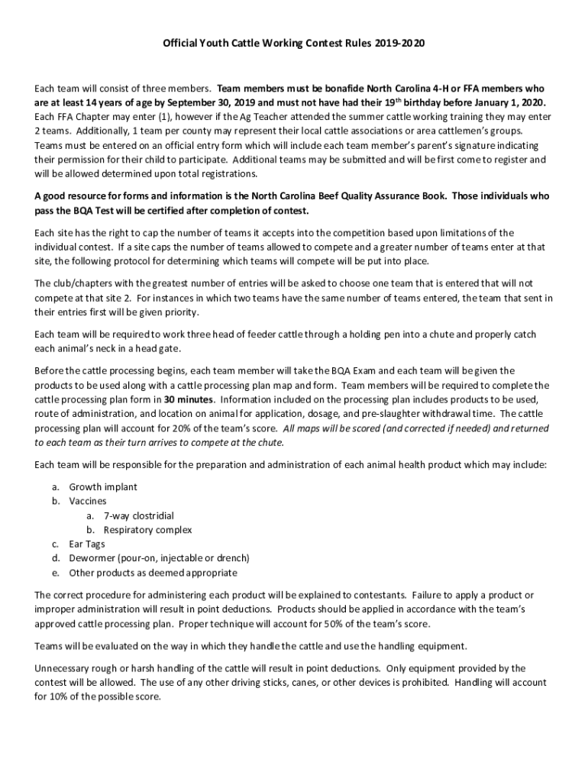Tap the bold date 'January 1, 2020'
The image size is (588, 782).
(507, 102)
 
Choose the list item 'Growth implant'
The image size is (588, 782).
(103, 486)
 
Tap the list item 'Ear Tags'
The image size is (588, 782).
(87, 544)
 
